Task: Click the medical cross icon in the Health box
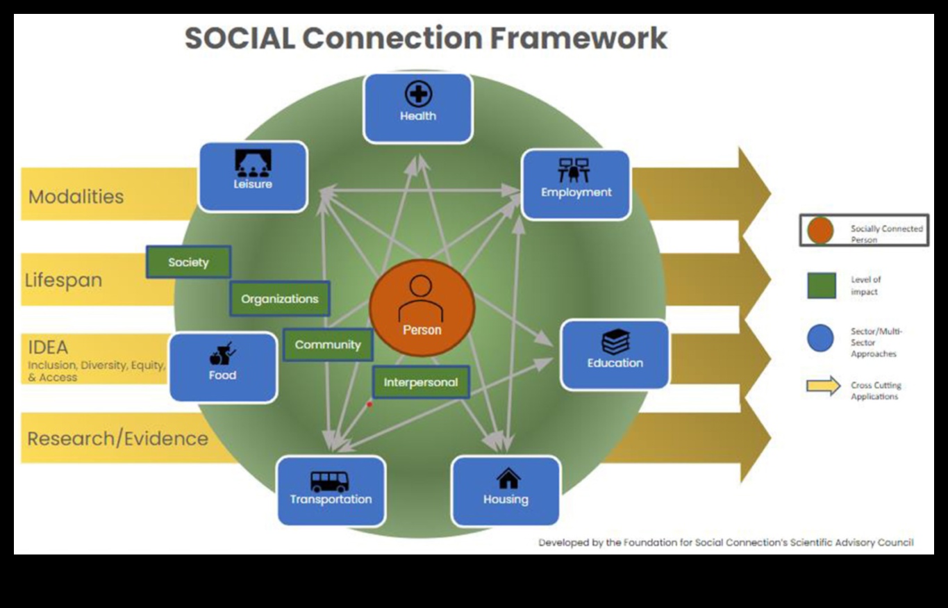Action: point(418,95)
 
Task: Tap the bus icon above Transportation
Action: point(329,481)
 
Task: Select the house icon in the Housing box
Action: point(508,478)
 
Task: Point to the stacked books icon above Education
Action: point(615,342)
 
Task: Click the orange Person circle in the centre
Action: point(422,306)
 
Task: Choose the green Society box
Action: point(188,262)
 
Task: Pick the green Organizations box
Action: point(279,299)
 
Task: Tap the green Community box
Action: point(328,345)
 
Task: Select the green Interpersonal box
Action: point(421,382)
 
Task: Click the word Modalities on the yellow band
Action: point(76,197)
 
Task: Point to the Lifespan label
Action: point(63,280)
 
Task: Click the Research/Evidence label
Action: point(117,438)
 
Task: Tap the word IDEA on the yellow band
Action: point(48,347)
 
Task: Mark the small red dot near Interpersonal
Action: point(369,404)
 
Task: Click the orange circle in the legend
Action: point(820,231)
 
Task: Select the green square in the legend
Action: point(821,285)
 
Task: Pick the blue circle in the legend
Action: point(820,339)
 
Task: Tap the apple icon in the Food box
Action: point(215,357)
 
